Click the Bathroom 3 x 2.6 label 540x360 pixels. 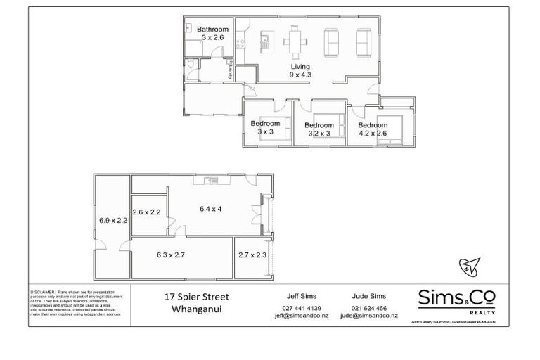(x=212, y=33)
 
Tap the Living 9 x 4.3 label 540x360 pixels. (x=300, y=70)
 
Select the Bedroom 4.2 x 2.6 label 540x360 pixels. (x=373, y=129)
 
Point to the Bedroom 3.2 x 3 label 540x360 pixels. (x=319, y=129)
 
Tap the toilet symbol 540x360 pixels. (x=192, y=68)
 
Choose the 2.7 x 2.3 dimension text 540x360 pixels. (x=252, y=255)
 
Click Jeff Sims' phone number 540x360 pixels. (x=302, y=308)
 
